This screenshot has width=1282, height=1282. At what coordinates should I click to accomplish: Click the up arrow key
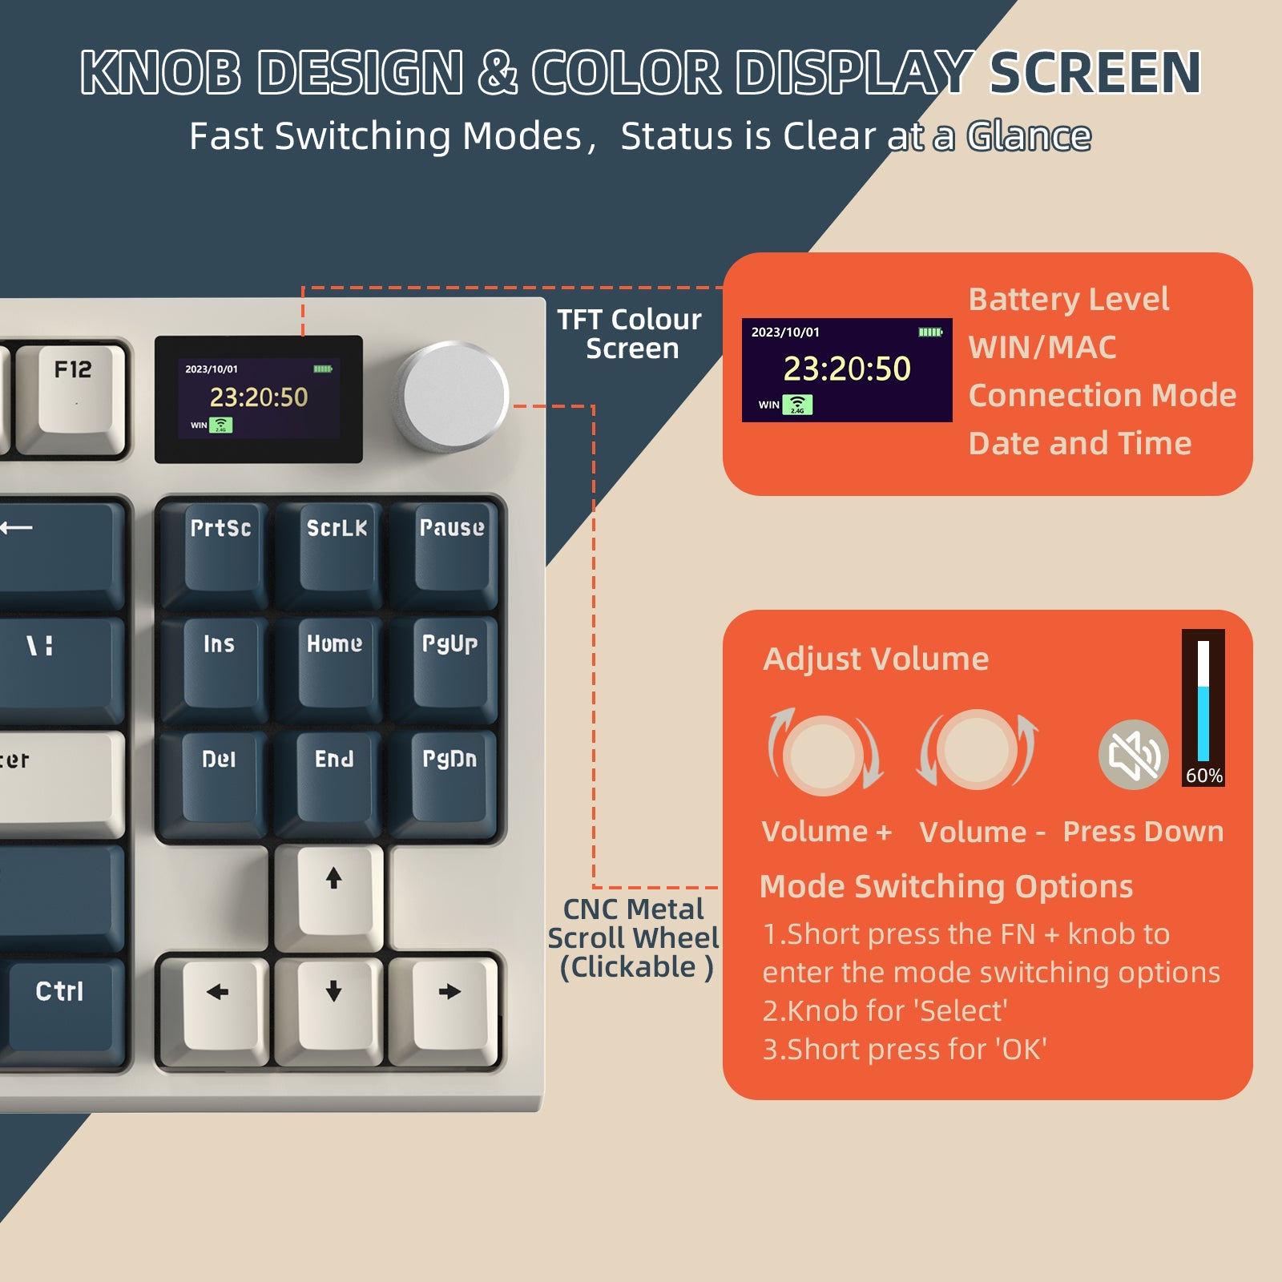click(x=333, y=889)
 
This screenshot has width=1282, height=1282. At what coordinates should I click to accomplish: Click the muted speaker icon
click(x=1133, y=755)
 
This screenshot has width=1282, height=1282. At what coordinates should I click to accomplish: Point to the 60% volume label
click(x=1203, y=776)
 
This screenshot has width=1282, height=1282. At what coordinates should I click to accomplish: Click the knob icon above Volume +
click(x=824, y=753)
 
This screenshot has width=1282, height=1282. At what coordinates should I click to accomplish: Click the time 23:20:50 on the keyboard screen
click(x=259, y=397)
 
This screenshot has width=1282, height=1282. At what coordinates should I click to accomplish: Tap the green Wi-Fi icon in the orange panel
click(x=797, y=405)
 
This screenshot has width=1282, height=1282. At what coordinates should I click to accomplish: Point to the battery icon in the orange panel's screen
click(x=929, y=332)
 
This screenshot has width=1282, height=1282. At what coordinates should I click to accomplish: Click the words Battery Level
click(x=1069, y=300)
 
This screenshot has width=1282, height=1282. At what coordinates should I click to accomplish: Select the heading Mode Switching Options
click(x=945, y=887)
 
